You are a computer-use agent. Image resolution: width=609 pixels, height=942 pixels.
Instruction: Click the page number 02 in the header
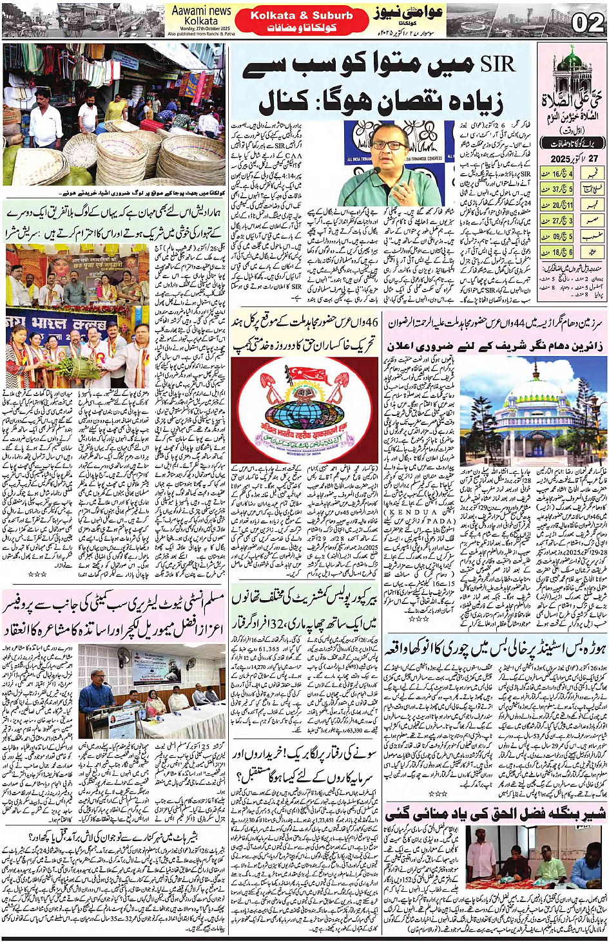[587, 23]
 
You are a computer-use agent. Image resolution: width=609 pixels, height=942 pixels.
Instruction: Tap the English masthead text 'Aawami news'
[201, 11]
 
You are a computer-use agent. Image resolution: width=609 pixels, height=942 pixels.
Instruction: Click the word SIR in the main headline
[498, 64]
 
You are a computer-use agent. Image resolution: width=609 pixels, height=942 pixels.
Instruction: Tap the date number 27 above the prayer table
[593, 158]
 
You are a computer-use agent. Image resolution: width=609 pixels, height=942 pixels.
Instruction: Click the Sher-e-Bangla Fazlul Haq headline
[496, 813]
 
